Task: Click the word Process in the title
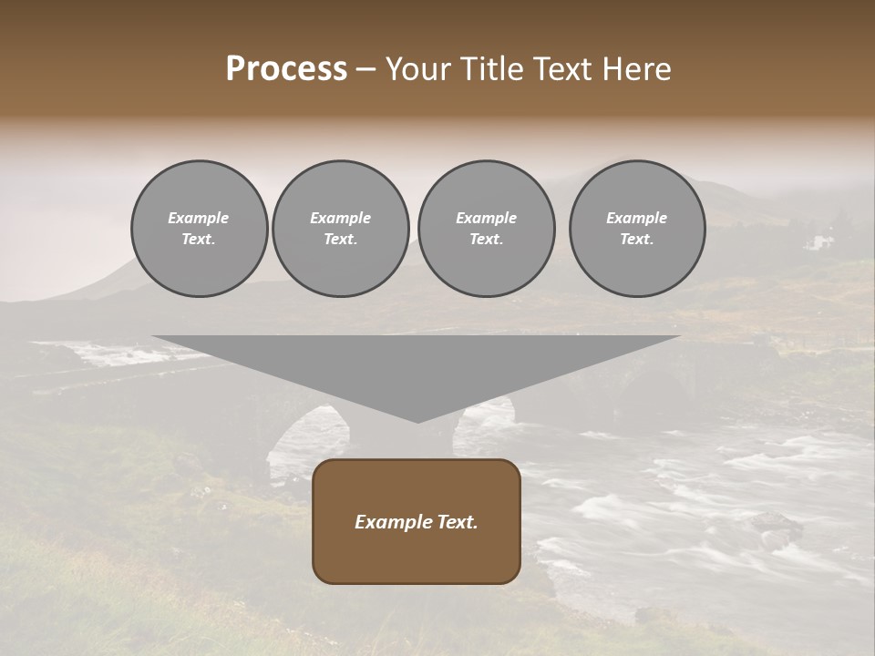286,69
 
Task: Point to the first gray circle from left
200,229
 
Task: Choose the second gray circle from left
341,229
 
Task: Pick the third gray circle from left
487,229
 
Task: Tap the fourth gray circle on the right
637,229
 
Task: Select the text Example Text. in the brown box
417,522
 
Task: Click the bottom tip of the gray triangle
417,421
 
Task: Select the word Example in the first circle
199,218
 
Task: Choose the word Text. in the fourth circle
637,240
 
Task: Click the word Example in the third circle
487,218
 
